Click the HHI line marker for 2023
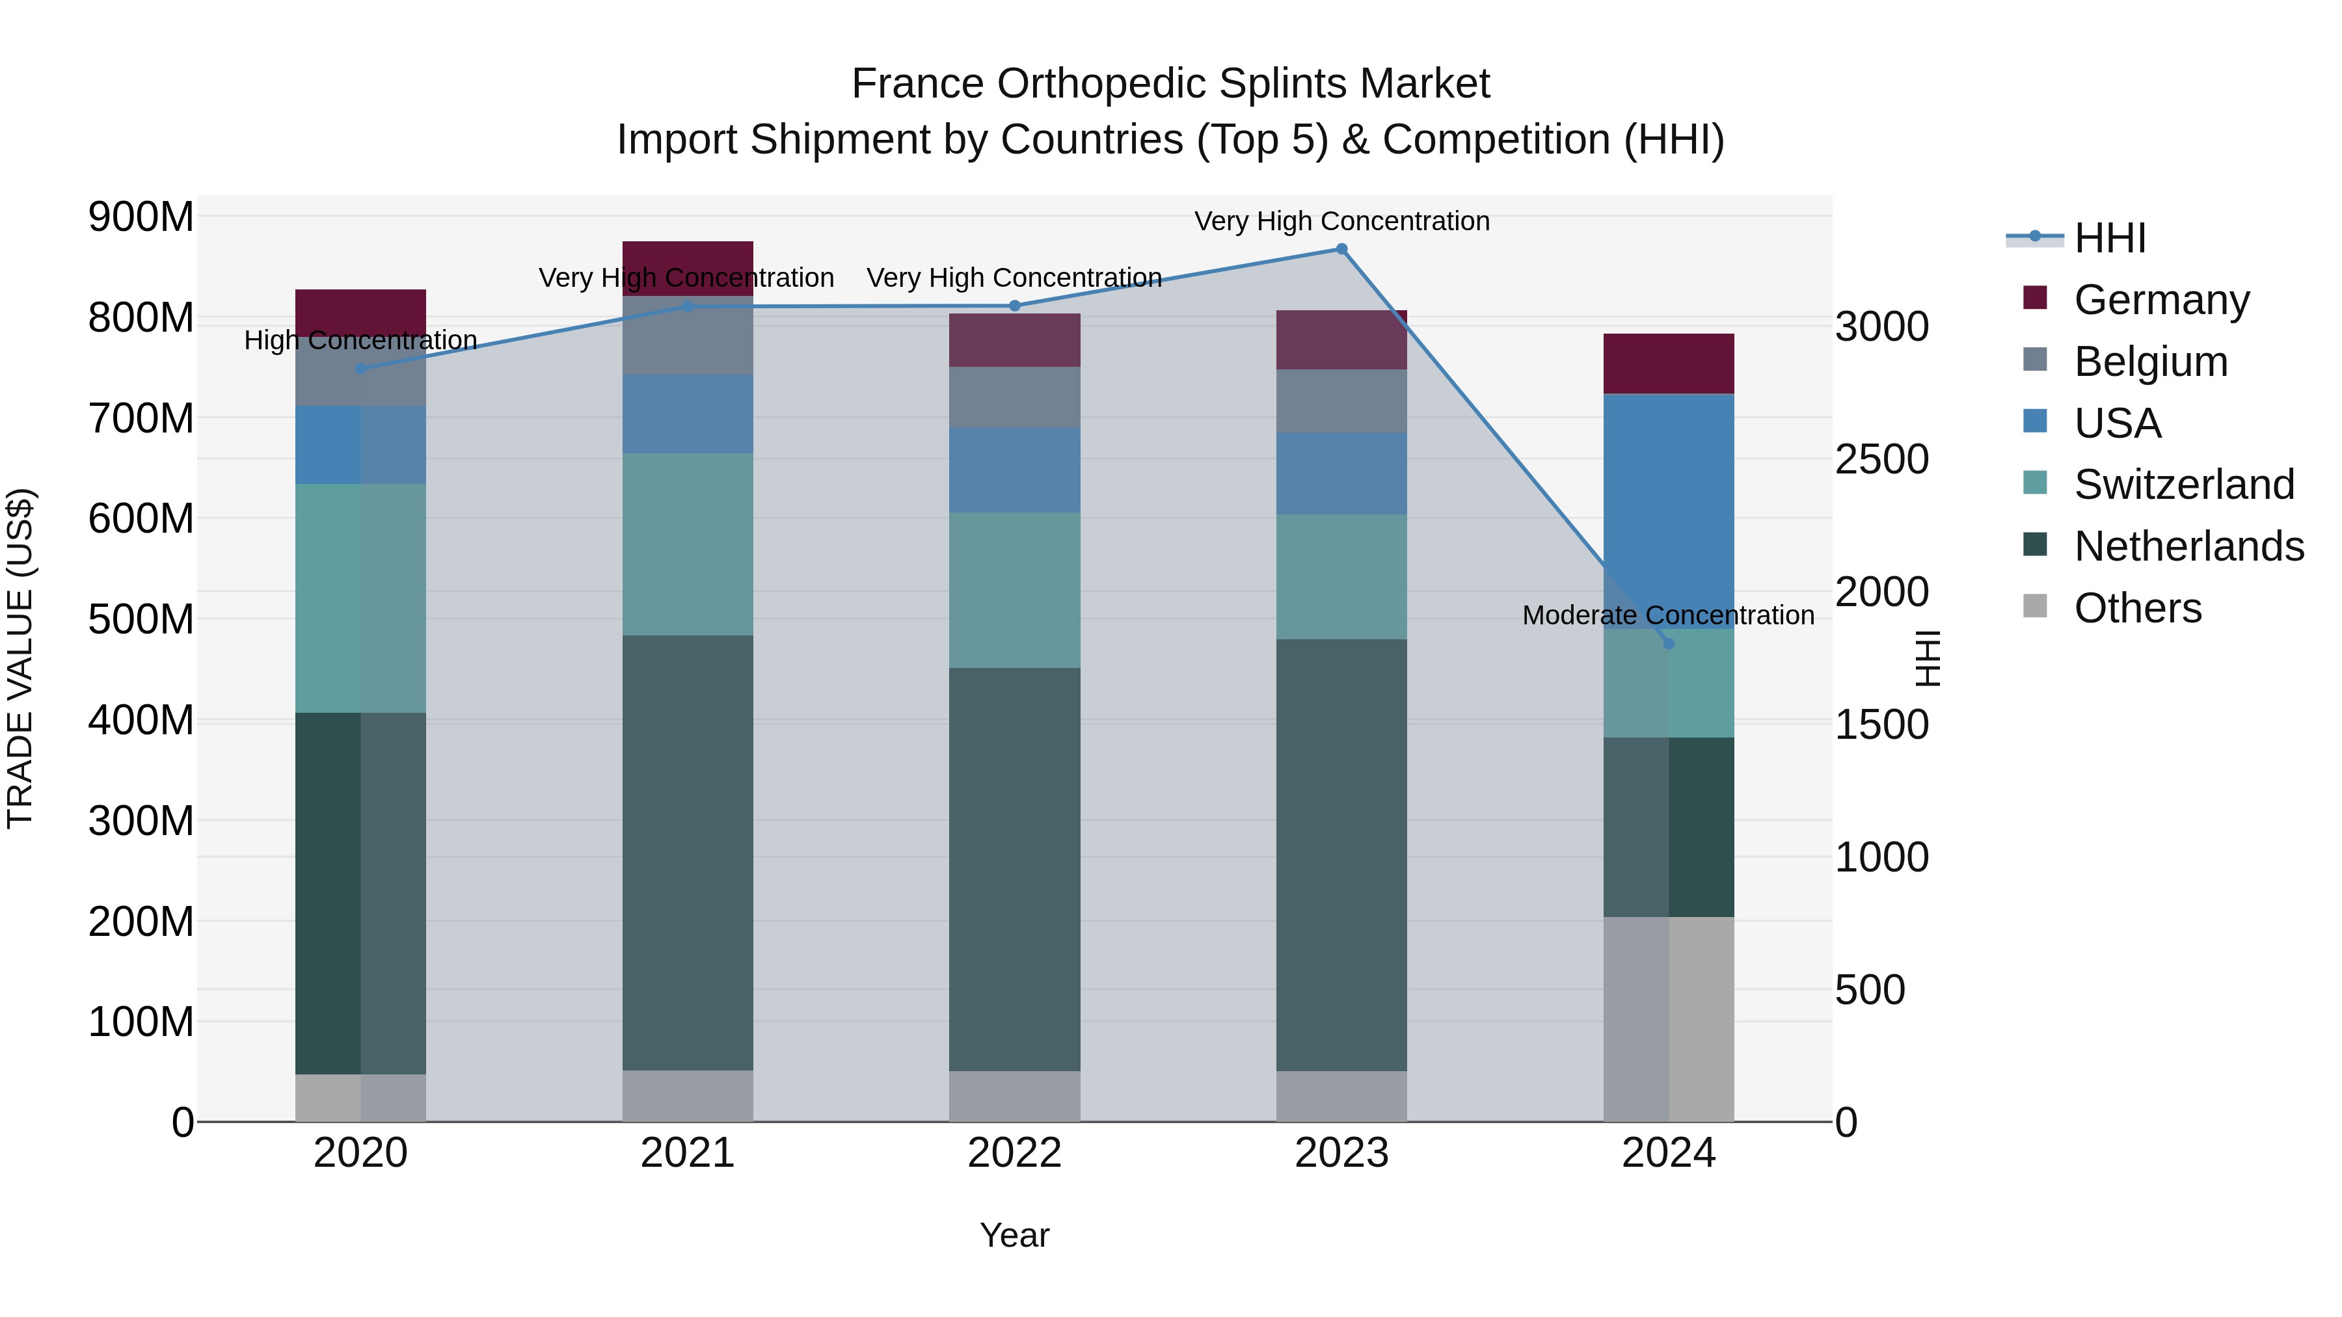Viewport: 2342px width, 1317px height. [1341, 249]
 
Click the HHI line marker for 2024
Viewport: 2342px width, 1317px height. [1668, 643]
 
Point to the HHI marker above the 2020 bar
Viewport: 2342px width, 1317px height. [361, 369]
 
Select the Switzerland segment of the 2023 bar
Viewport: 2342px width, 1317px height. [1341, 576]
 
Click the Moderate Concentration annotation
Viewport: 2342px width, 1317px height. [1667, 615]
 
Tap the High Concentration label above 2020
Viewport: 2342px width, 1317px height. [361, 341]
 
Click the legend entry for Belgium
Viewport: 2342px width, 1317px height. [2150, 362]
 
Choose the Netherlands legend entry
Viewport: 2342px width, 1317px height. [2188, 546]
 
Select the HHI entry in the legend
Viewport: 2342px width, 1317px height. [2109, 238]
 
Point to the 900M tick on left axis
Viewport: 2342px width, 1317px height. [141, 217]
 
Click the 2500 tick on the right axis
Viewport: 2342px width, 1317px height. [1881, 459]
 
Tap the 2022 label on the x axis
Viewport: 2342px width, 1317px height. [1015, 1153]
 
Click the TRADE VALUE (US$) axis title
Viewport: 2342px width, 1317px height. [20, 658]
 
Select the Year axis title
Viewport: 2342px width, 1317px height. [1015, 1235]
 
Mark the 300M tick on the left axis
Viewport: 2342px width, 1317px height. [141, 821]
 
